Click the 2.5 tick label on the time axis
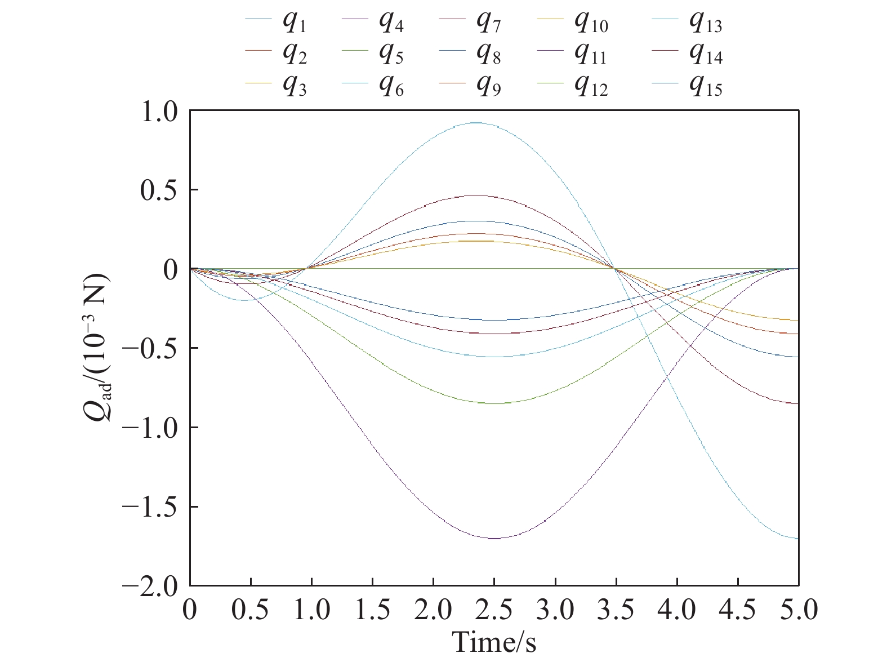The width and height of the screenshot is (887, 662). [x=494, y=611]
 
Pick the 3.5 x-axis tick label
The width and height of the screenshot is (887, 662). [x=616, y=611]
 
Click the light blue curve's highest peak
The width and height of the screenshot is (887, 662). [x=476, y=123]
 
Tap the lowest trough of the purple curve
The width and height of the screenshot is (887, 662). [x=494, y=539]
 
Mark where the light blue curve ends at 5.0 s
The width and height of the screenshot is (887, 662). [x=797, y=539]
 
